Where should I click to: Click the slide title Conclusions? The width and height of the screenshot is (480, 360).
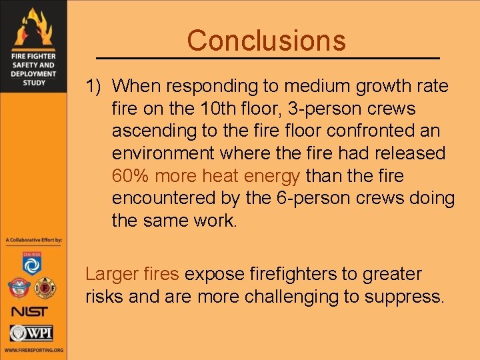pyautogui.click(x=267, y=41)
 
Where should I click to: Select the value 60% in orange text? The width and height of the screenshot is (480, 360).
pyautogui.click(x=127, y=176)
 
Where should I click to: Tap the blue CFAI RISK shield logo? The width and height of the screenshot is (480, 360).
pyautogui.click(x=32, y=263)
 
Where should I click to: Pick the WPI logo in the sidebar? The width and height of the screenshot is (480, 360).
pyautogui.click(x=32, y=332)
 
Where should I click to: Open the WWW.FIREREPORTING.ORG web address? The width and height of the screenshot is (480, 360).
pyautogui.click(x=33, y=349)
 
